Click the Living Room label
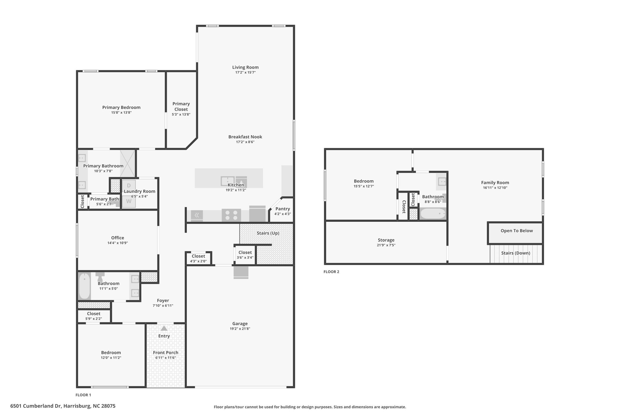pyautogui.click(x=246, y=67)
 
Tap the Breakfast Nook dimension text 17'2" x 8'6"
pyautogui.click(x=246, y=142)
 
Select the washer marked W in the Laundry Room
pyautogui.click(x=129, y=202)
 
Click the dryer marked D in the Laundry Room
pyautogui.click(x=129, y=185)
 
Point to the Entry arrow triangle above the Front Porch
pyautogui.click(x=164, y=328)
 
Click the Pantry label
pyautogui.click(x=283, y=209)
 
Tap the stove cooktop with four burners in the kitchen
pyautogui.click(x=231, y=215)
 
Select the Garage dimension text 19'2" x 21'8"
pyautogui.click(x=240, y=329)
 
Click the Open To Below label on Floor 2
pyautogui.click(x=517, y=231)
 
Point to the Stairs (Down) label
pyautogui.click(x=516, y=253)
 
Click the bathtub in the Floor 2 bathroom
pyautogui.click(x=433, y=214)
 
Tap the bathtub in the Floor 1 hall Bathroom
pyautogui.click(x=85, y=286)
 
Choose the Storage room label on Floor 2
pyautogui.click(x=386, y=240)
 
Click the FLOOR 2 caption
pyautogui.click(x=331, y=272)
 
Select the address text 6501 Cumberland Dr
pyautogui.click(x=36, y=406)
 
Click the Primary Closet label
pyautogui.click(x=181, y=107)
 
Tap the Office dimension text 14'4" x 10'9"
pyautogui.click(x=118, y=243)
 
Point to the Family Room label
pyautogui.click(x=495, y=182)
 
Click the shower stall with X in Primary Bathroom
pyautogui.click(x=127, y=163)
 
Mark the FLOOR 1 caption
pyautogui.click(x=83, y=395)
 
